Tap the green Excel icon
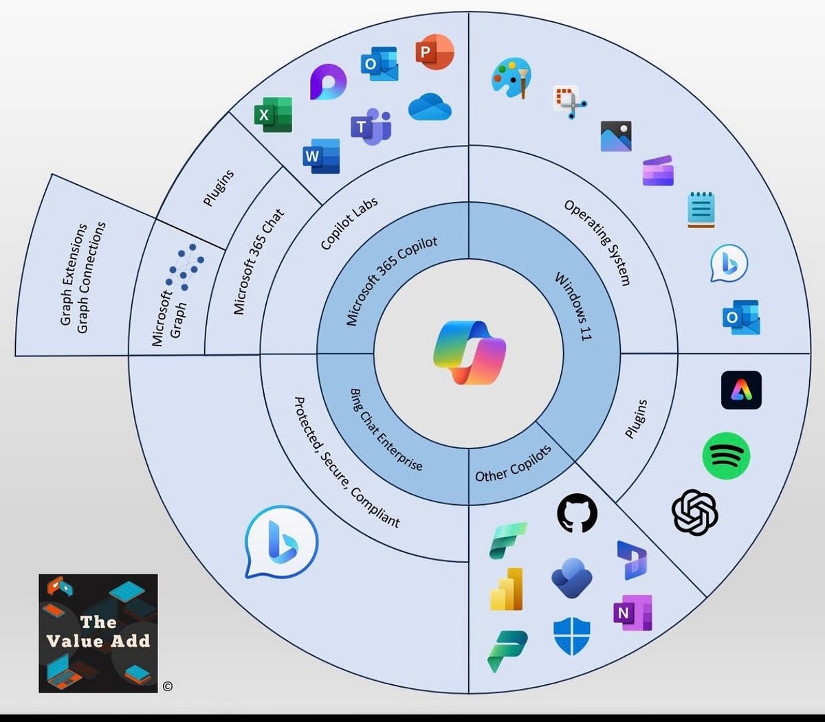tap(273, 115)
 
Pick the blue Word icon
tap(321, 156)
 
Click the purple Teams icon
tap(371, 126)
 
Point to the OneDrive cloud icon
tap(430, 107)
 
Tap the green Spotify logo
tap(726, 455)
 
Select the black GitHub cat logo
tap(576, 513)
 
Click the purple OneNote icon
tap(632, 613)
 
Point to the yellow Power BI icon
tap(507, 589)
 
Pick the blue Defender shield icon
tap(571, 635)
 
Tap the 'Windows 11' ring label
tap(574, 306)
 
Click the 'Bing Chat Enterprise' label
tap(386, 429)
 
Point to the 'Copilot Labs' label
tap(349, 223)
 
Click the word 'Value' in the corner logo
tap(74, 641)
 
